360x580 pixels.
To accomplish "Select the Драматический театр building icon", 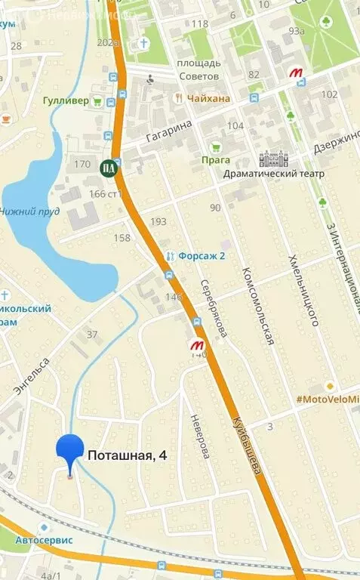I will pyautogui.click(x=273, y=159).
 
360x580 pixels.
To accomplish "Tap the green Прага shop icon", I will pyautogui.click(x=216, y=147).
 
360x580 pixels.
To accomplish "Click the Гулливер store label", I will pyautogui.click(x=65, y=100).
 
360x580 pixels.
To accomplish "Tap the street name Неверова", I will pyautogui.click(x=199, y=437).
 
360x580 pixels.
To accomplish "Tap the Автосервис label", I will pyautogui.click(x=45, y=540).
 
